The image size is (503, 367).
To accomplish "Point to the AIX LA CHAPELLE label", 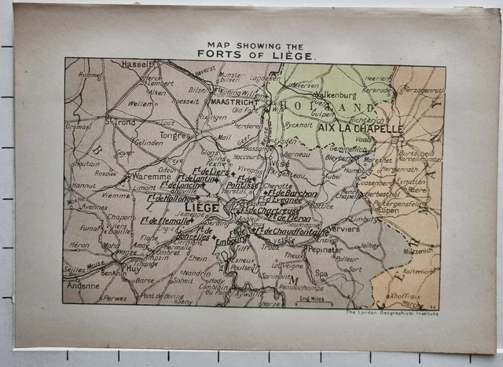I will pos(360,128).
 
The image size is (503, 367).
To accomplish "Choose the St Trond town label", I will pos(120,122).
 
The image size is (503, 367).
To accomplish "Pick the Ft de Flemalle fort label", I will pos(163,221).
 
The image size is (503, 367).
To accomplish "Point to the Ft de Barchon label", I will pos(292,193).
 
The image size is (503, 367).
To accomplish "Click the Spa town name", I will pos(321,273).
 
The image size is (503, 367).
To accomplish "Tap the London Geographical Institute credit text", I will pos(392,313).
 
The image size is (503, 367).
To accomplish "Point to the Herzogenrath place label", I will pos(424,90).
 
